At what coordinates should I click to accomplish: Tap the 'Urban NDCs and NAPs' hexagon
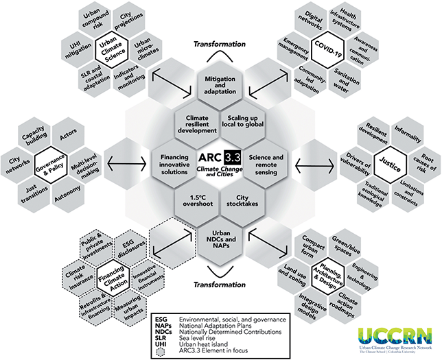coord(220,237)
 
